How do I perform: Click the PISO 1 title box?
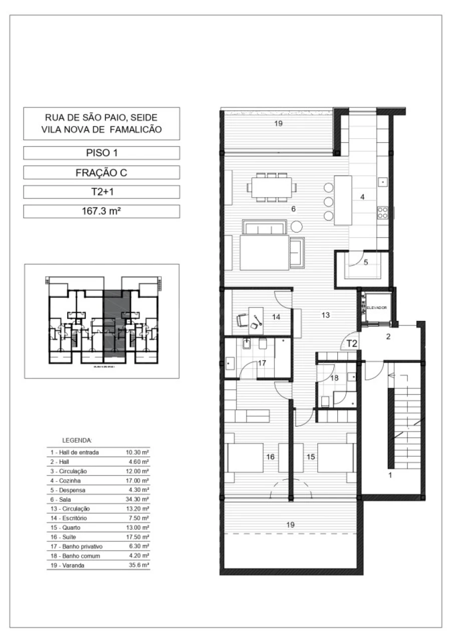pyautogui.click(x=102, y=153)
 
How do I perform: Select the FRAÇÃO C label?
pyautogui.click(x=102, y=173)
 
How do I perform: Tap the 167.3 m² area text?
pyautogui.click(x=102, y=211)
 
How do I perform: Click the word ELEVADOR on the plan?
pyautogui.click(x=377, y=307)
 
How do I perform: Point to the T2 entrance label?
pyautogui.click(x=352, y=344)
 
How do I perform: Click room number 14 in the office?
pyautogui.click(x=276, y=316)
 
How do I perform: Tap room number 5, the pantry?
pyautogui.click(x=366, y=262)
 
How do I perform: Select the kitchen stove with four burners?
pyautogui.click(x=382, y=212)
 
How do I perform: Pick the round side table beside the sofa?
pyautogui.click(x=297, y=226)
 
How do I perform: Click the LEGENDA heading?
pyautogui.click(x=77, y=441)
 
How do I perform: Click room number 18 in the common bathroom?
pyautogui.click(x=334, y=379)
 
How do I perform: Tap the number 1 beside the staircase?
pyautogui.click(x=390, y=475)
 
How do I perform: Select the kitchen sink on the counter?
pyautogui.click(x=382, y=181)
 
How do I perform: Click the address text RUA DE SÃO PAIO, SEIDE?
pyautogui.click(x=102, y=118)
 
